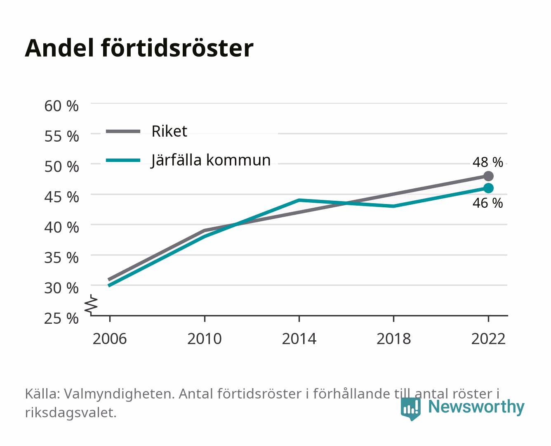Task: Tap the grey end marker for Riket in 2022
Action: pos(488,176)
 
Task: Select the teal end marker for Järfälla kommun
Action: pos(488,188)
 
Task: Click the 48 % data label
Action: pos(487,162)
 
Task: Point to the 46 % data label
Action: pos(487,203)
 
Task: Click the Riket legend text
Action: pos(169,131)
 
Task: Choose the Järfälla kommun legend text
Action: pos(211,161)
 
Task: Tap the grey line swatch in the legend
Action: pos(123,132)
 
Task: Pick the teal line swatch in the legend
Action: pos(123,160)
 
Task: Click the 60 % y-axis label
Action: pos(61,106)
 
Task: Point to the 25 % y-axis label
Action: pos(61,318)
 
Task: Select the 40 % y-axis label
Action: pos(61,228)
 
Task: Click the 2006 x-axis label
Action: pos(110,339)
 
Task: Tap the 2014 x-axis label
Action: pos(299,339)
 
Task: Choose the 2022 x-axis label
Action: pos(488,339)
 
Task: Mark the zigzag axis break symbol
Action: pos(91,305)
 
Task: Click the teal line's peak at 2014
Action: pos(299,200)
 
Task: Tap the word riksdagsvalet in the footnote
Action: pos(71,413)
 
